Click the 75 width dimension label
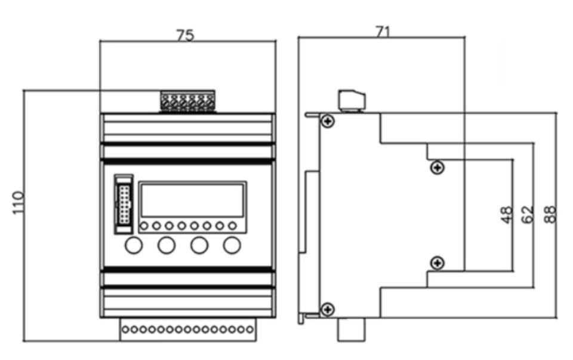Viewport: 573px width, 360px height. point(185,35)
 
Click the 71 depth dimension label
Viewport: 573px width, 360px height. point(383,32)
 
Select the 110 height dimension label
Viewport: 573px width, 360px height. point(18,203)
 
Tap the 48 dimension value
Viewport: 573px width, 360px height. point(507,214)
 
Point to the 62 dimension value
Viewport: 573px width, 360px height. point(527,214)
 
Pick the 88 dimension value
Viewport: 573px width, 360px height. point(550,214)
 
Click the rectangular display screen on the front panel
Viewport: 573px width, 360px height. point(192,201)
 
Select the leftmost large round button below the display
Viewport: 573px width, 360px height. point(134,245)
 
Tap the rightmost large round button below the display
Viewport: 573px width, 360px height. point(232,245)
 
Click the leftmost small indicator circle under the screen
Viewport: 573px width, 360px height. point(144,226)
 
